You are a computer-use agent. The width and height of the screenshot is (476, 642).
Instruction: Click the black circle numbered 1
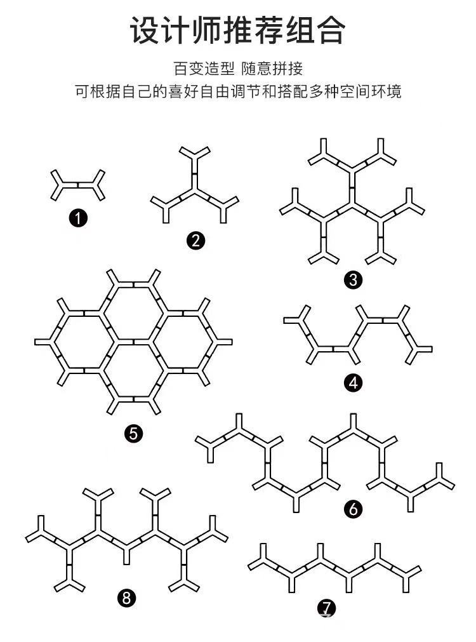[x=78, y=219]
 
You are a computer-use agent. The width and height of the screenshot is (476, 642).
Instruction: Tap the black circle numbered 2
[x=195, y=240]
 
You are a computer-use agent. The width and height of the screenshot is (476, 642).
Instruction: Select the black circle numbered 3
[x=353, y=280]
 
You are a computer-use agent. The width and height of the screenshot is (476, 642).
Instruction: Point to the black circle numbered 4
[x=354, y=383]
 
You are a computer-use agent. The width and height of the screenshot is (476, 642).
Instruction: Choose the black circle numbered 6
[x=354, y=508]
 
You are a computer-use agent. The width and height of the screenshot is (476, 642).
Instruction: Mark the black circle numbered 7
[x=326, y=608]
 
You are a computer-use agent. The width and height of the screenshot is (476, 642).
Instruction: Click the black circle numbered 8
[x=127, y=597]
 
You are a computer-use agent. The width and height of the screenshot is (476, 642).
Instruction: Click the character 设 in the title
[x=145, y=30]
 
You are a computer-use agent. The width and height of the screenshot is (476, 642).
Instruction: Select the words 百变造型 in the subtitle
[x=195, y=69]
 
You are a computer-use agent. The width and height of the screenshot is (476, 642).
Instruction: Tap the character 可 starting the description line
[x=81, y=91]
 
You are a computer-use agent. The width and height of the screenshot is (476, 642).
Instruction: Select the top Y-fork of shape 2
[x=194, y=154]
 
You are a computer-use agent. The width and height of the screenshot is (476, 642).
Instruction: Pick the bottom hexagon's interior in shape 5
[x=134, y=371]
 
